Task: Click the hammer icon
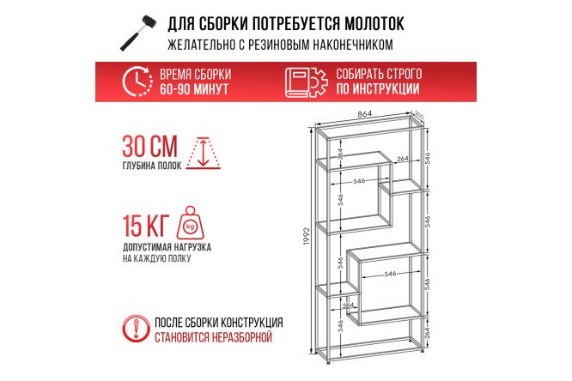tap(138, 32)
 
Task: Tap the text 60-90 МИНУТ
tap(195, 89)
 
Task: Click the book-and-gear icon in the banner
tap(305, 82)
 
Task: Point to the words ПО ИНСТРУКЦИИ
tap(379, 89)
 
